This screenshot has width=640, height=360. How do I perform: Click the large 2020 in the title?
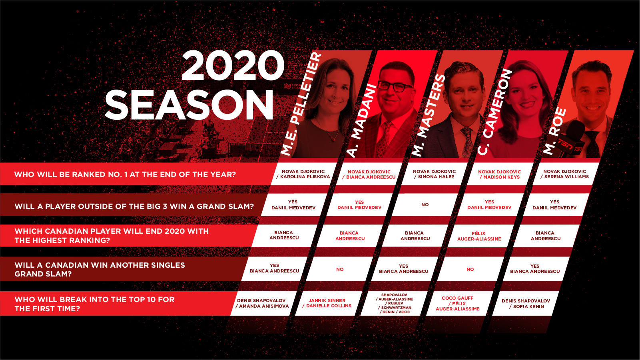click(233, 66)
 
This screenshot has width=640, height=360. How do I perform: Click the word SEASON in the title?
click(189, 105)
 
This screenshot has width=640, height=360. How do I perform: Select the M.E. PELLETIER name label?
click(301, 104)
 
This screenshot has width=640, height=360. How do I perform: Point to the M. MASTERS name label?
click(428, 115)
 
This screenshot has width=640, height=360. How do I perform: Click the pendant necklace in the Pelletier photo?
click(334, 139)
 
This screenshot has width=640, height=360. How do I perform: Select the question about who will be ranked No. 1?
click(125, 174)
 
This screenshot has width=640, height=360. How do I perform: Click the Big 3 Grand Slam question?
click(134, 206)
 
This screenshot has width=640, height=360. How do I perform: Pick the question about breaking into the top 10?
click(94, 304)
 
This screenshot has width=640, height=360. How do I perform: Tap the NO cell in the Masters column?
click(425, 205)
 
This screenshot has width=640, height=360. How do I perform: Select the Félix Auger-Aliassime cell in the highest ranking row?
click(479, 236)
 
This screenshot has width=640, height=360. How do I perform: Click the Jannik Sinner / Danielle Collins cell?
click(327, 303)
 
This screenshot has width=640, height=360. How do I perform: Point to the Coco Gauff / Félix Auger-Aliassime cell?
click(457, 303)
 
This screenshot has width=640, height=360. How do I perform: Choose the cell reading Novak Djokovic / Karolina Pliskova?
click(303, 174)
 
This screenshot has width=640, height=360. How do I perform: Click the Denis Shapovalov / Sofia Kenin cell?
click(526, 304)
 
